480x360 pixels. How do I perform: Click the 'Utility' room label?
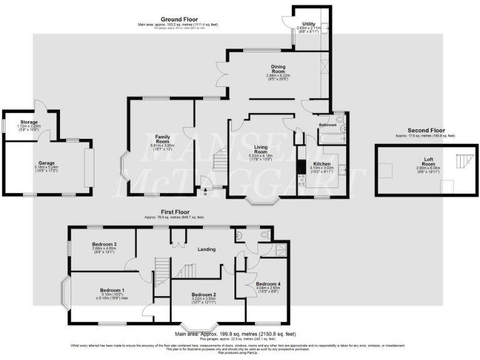click(308, 23)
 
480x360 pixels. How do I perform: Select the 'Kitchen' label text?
click(322, 164)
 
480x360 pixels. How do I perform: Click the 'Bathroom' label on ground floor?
click(327, 125)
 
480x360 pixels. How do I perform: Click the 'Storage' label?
click(29, 122)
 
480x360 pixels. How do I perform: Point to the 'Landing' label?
click(206, 249)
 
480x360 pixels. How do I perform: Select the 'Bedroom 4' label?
click(267, 284)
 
